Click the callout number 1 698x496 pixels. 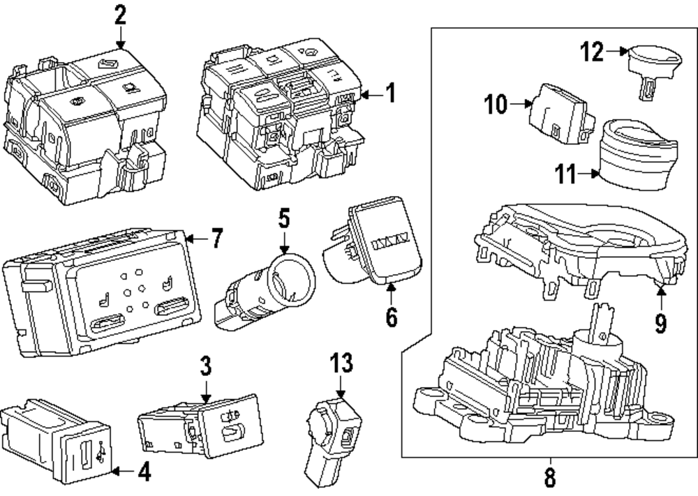pyautogui.click(x=391, y=93)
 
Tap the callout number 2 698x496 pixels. pyautogui.click(x=120, y=14)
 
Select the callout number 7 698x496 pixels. pyautogui.click(x=216, y=240)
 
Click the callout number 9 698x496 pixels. pyautogui.click(x=660, y=323)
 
